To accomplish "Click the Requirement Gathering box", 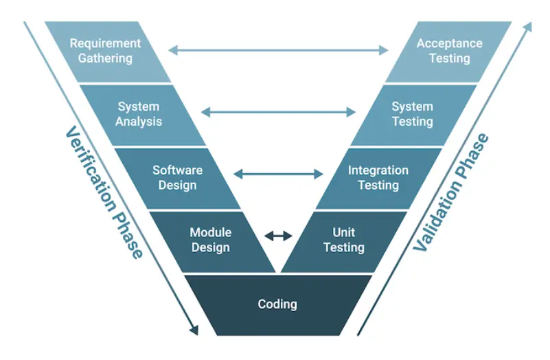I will (105, 51).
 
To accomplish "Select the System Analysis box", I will (139, 114).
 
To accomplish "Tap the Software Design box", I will (177, 177).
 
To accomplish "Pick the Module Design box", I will (210, 240).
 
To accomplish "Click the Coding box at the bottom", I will (277, 304).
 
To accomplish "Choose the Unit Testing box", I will (343, 240).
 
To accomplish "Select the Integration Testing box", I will (378, 177).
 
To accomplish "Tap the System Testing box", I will (412, 114).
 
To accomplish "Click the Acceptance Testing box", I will (449, 51).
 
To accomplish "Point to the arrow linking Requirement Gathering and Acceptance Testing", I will (278, 49).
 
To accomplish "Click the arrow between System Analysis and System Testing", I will (278, 112).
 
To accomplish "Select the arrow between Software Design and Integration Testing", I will (278, 175).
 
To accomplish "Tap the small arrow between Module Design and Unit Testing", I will (278, 236).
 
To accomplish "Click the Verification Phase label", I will (104, 192).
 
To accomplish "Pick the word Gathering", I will (105, 58).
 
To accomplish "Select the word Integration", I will (378, 170).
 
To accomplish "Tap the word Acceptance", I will (449, 43).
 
